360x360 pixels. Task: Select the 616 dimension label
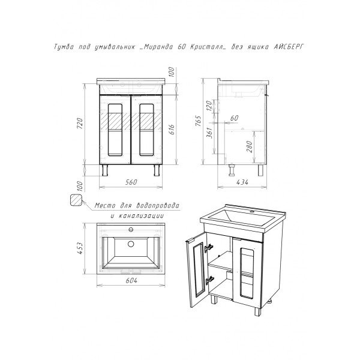click(172, 129)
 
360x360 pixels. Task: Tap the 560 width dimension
click(131, 182)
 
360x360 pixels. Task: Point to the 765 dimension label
click(198, 121)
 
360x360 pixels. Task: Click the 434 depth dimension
click(242, 182)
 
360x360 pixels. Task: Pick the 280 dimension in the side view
click(250, 147)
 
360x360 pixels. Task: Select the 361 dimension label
click(209, 133)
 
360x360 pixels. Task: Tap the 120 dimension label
click(209, 106)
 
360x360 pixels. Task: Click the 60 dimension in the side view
click(234, 118)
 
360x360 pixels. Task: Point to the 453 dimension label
click(79, 248)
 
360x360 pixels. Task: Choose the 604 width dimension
click(131, 280)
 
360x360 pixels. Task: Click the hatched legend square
click(76, 200)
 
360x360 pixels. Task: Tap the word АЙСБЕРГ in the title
click(289, 47)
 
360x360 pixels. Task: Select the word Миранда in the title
click(158, 47)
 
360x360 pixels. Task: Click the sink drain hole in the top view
click(131, 244)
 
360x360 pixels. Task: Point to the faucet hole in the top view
click(131, 229)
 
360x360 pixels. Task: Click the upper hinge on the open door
click(208, 248)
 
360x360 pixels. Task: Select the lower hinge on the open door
click(209, 280)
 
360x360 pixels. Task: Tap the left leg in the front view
click(105, 170)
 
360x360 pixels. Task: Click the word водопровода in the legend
click(157, 205)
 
